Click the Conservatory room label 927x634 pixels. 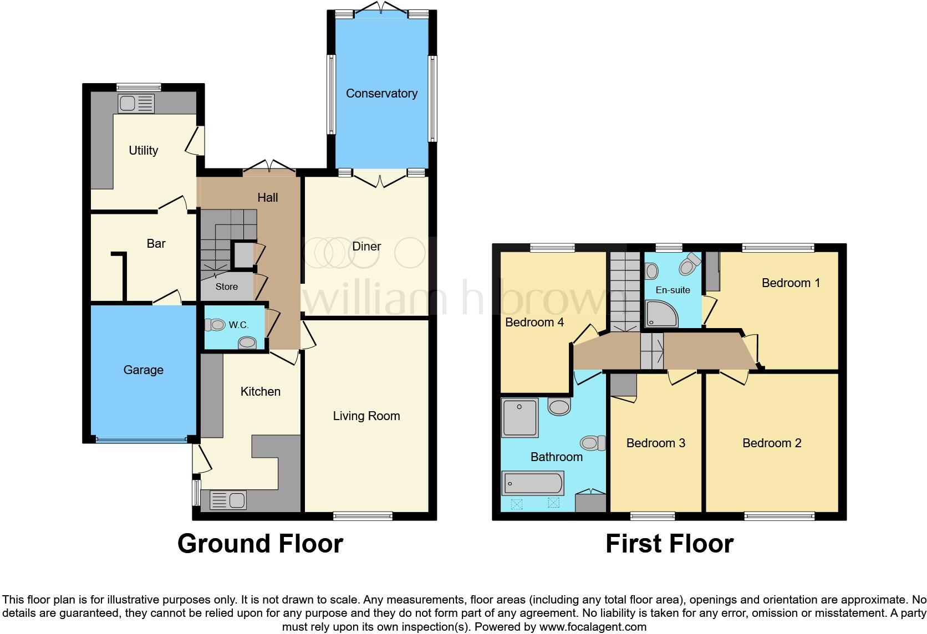click(x=381, y=93)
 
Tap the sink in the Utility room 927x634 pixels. click(x=136, y=104)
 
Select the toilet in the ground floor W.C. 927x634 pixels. click(x=215, y=325)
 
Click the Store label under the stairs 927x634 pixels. click(x=226, y=287)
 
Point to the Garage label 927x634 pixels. click(x=143, y=370)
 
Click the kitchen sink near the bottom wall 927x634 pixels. click(x=228, y=500)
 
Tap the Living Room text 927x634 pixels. click(x=366, y=416)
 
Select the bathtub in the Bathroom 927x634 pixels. click(x=532, y=483)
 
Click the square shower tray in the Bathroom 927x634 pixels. click(x=519, y=417)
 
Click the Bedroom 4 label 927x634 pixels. click(x=534, y=322)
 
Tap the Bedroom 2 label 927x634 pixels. click(x=772, y=443)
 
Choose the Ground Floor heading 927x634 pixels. click(x=260, y=544)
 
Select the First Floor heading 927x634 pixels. click(x=669, y=544)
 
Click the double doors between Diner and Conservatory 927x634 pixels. click(x=380, y=178)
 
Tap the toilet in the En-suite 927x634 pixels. click(x=689, y=265)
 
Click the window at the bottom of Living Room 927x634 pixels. click(x=363, y=516)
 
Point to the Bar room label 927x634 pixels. click(x=156, y=243)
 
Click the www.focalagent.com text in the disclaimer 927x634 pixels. click(x=593, y=627)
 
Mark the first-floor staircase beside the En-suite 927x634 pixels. click(x=625, y=291)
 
